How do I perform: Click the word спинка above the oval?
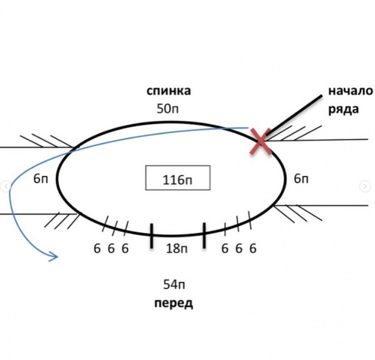click(169, 91)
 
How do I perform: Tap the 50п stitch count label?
click(167, 109)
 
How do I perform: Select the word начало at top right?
click(350, 91)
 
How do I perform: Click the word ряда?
click(343, 109)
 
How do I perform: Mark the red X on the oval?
click(260, 141)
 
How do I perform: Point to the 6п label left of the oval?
click(41, 178)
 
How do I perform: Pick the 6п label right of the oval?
click(301, 178)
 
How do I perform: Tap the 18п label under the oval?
click(176, 248)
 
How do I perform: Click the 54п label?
click(174, 284)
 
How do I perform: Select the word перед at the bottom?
click(173, 304)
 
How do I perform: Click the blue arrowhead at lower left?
click(54, 257)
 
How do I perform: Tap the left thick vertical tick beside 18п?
click(152, 236)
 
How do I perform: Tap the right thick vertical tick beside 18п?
click(204, 235)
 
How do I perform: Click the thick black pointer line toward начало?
click(294, 115)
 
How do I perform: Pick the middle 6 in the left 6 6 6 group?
click(111, 248)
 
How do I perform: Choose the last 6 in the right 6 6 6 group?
click(253, 248)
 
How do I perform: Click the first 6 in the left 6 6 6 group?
click(97, 248)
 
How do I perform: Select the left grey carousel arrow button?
click(6, 187)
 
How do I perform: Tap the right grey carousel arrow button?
click(365, 187)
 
